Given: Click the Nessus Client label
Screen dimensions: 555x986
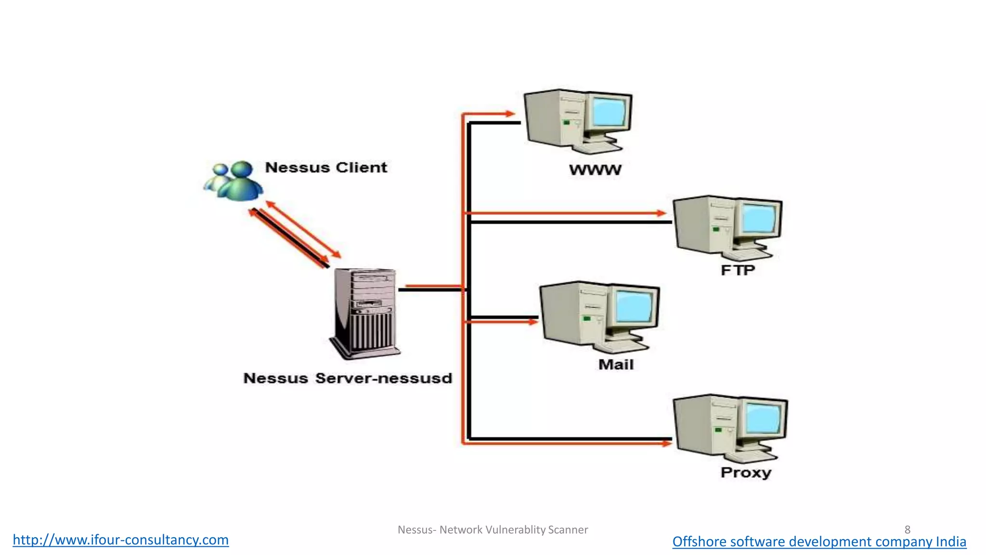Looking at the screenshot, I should click(x=326, y=168).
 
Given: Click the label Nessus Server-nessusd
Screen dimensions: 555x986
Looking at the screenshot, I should click(x=348, y=378).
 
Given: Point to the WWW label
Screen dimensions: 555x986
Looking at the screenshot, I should click(x=595, y=170).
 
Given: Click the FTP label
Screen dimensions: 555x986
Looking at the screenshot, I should click(x=738, y=270).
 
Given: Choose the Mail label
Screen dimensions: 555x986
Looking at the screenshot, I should click(x=616, y=365).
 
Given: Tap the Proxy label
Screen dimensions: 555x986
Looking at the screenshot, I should click(x=746, y=473).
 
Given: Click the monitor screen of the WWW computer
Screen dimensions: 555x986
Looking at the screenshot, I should click(x=610, y=111).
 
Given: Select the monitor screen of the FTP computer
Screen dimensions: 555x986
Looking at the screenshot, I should click(x=760, y=218).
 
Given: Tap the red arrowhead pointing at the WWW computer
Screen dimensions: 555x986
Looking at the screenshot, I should click(x=510, y=114).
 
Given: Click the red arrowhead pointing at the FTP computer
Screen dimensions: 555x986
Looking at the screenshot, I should click(x=662, y=212).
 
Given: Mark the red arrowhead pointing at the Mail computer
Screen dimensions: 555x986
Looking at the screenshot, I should click(x=533, y=322).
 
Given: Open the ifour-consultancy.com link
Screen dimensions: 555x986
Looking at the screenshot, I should click(x=120, y=540).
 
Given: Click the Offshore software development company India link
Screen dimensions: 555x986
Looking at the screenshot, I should click(x=819, y=542).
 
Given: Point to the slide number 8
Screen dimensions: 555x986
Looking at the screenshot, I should click(x=907, y=529).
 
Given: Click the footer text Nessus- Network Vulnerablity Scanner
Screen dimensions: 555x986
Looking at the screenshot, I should click(x=493, y=530).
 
